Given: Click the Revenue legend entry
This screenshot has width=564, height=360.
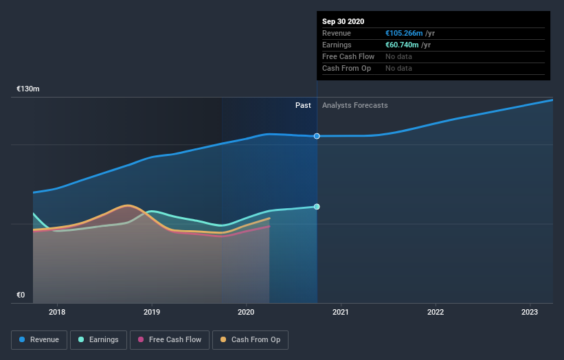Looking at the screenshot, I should pyautogui.click(x=40, y=339).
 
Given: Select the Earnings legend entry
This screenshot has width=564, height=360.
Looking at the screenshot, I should pyautogui.click(x=98, y=339).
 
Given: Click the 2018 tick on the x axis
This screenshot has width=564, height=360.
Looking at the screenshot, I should pyautogui.click(x=57, y=313).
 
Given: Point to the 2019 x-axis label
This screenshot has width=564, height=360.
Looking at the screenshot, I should pyautogui.click(x=152, y=313).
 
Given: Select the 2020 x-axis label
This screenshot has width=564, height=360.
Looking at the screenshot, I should pyautogui.click(x=247, y=313).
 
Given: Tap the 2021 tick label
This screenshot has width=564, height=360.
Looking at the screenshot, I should pyautogui.click(x=341, y=313).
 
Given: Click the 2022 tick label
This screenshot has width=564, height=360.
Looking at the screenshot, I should pyautogui.click(x=436, y=313).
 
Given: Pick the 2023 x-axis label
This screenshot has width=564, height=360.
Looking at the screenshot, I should pyautogui.click(x=530, y=313).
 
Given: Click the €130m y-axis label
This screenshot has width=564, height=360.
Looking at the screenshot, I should pyautogui.click(x=28, y=89).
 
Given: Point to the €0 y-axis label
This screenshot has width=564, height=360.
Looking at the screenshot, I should pyautogui.click(x=21, y=295).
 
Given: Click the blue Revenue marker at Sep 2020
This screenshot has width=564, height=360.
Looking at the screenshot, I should pyautogui.click(x=317, y=136).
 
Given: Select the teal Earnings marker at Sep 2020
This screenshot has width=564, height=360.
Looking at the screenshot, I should pyautogui.click(x=317, y=207).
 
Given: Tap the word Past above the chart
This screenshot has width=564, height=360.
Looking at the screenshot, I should pyautogui.click(x=303, y=105).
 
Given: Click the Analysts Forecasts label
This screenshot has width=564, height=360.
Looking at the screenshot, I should pyautogui.click(x=354, y=105).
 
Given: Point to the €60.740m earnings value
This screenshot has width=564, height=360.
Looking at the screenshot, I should pyautogui.click(x=403, y=45).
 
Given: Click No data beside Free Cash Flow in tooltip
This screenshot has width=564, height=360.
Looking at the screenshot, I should pyautogui.click(x=398, y=56).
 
